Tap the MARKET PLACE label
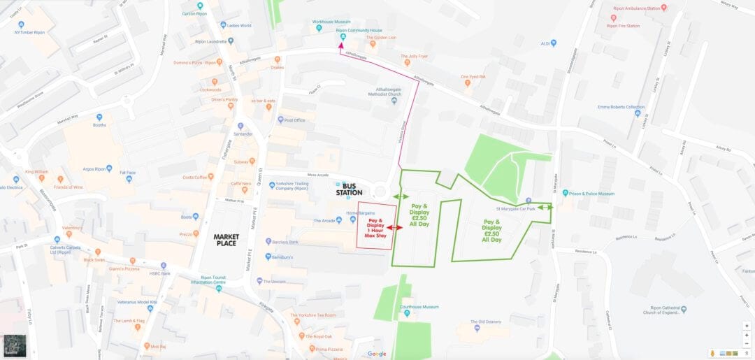[226, 240]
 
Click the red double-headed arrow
[395, 228]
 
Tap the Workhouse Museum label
[332, 22]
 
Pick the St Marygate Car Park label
[515, 208]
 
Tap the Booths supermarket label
[99, 126]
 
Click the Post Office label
[294, 120]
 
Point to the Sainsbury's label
[287, 257]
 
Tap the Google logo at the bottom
[377, 354]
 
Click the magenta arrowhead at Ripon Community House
[341, 45]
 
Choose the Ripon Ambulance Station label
[636, 8]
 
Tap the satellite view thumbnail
[14, 345]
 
